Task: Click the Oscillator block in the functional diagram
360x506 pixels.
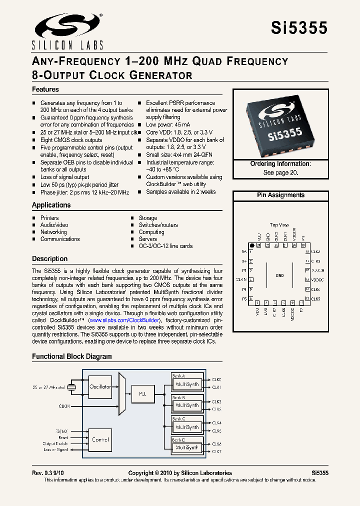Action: pos(100,386)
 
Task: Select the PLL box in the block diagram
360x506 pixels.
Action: pos(142,393)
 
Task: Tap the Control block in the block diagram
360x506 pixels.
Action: pos(100,439)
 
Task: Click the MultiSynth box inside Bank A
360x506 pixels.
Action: pos(186,384)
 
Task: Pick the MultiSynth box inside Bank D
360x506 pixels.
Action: pos(186,448)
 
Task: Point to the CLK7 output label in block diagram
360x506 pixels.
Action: pos(216,451)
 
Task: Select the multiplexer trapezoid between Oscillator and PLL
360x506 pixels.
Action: pos(122,393)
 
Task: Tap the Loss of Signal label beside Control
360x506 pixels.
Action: pos(56,449)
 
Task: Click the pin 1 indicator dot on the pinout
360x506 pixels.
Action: pos(251,245)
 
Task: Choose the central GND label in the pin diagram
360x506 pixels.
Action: pos(279,275)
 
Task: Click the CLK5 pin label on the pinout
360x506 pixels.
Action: pos(315,298)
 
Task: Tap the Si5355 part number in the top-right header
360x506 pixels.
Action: pos(299,28)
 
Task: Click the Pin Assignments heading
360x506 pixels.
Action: pos(280,195)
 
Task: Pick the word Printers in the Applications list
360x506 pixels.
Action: pos(49,218)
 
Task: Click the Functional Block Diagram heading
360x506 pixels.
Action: pos(72,356)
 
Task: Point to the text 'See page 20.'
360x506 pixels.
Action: pos(280,172)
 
